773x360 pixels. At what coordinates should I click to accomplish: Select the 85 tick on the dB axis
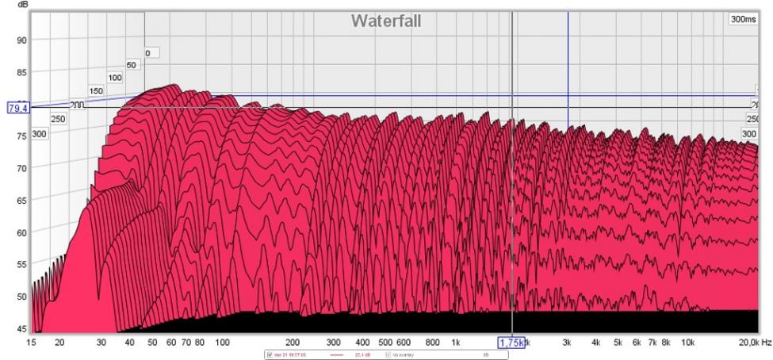(x=21, y=72)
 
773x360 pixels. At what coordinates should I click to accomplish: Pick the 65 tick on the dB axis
(x=21, y=201)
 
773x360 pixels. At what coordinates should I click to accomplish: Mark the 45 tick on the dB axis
(x=21, y=328)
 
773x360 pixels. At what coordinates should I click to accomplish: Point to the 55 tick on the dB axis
(x=21, y=265)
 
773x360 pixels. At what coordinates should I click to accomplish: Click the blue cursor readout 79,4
(x=17, y=108)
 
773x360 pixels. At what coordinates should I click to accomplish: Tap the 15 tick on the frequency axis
(x=32, y=343)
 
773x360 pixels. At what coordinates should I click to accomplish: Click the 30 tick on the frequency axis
(x=101, y=343)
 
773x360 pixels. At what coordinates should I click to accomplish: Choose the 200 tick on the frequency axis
(x=292, y=343)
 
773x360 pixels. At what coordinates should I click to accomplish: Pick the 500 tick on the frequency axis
(x=385, y=343)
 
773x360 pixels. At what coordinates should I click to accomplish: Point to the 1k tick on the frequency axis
(x=455, y=343)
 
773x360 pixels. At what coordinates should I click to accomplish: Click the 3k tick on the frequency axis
(x=567, y=343)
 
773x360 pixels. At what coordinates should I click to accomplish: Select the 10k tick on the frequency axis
(x=688, y=343)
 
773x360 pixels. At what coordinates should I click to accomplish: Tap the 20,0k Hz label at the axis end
(x=753, y=343)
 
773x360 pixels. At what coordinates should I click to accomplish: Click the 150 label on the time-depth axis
(x=96, y=91)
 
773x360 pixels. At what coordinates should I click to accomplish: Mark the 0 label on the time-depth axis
(x=147, y=53)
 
